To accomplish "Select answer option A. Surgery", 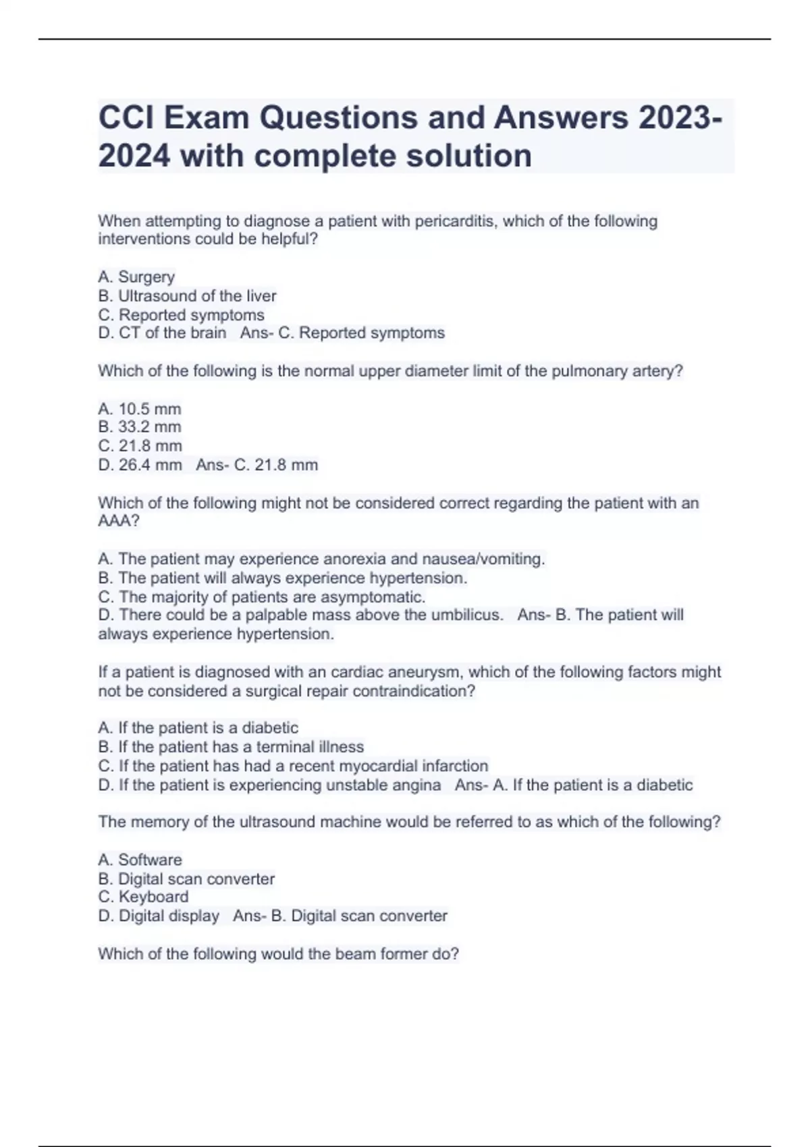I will (136, 277).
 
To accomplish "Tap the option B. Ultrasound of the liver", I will (187, 296).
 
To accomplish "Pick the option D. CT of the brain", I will (162, 333).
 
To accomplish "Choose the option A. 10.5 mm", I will (140, 409).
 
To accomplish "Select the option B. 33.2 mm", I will (140, 427).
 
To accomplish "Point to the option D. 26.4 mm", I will (140, 465).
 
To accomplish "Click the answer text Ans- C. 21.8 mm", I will (257, 465).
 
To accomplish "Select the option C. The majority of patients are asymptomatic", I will (262, 597).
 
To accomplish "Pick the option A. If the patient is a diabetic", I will (198, 727).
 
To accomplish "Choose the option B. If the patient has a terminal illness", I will (231, 746).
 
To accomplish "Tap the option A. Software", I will (140, 860).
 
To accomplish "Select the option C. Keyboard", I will (143, 897).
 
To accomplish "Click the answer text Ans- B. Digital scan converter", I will (340, 916).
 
